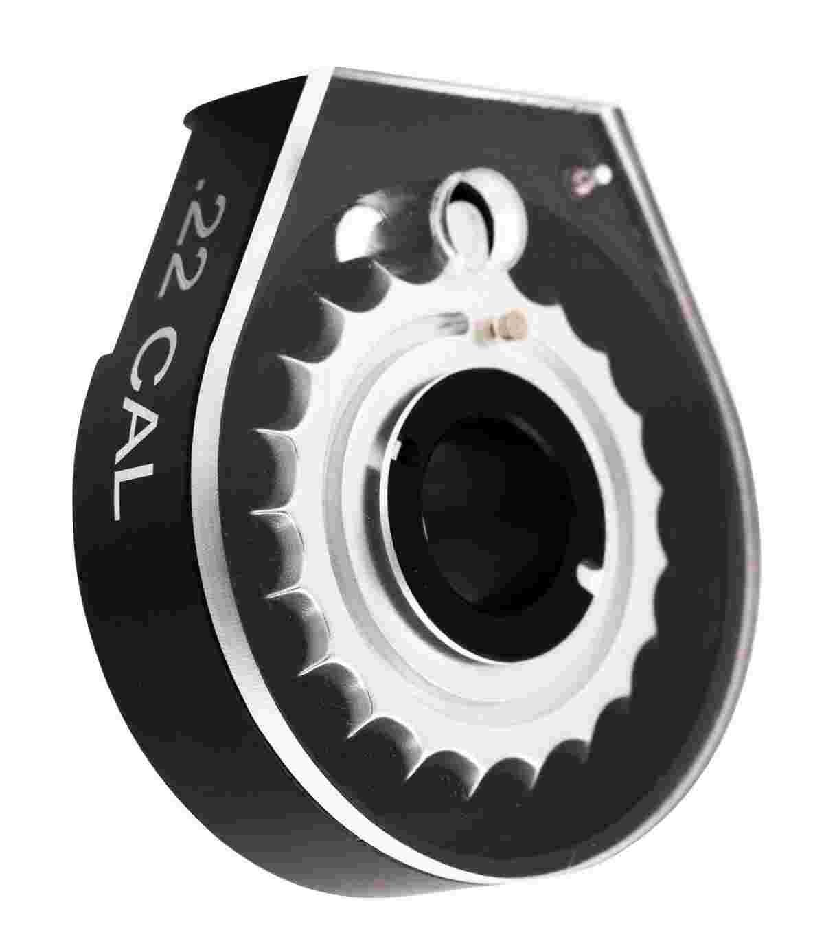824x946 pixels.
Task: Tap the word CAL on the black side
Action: coord(138,423)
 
